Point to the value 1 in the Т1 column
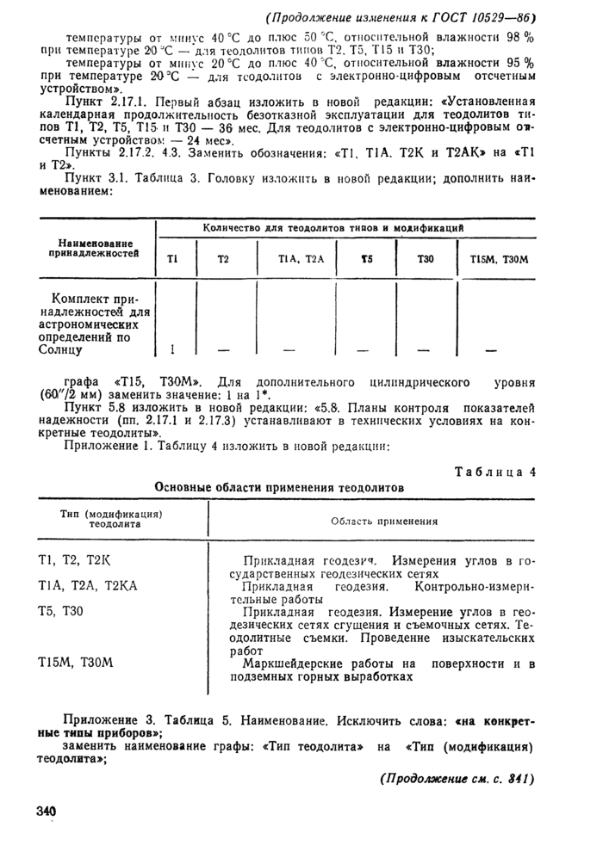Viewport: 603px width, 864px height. click(x=172, y=350)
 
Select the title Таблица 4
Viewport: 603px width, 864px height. click(x=494, y=471)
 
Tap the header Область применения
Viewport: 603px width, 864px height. click(x=384, y=521)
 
